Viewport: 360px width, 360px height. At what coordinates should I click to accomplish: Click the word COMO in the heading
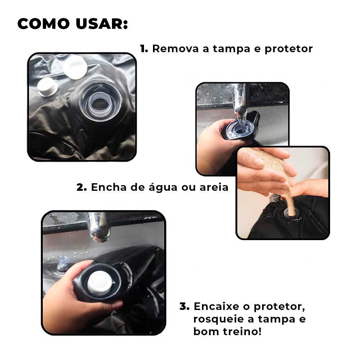click(44, 24)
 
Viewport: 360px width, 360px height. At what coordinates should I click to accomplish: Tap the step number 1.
click(144, 49)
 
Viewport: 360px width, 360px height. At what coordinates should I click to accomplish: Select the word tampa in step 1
click(231, 49)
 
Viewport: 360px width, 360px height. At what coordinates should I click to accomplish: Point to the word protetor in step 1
click(289, 49)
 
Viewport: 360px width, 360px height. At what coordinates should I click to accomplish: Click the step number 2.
click(81, 187)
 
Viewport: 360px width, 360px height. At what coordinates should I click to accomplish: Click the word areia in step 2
click(214, 187)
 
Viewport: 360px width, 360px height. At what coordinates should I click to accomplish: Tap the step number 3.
click(184, 306)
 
